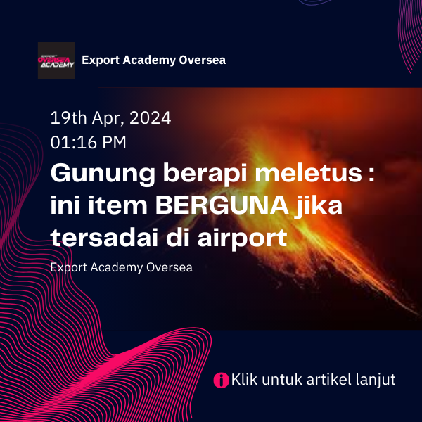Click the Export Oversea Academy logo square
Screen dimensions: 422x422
coord(56,60)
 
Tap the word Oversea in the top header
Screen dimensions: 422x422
coord(203,60)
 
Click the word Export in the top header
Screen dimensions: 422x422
coord(101,60)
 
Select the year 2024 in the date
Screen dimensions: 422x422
coord(151,118)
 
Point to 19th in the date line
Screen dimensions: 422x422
coord(69,118)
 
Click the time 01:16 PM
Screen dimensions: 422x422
coord(89,142)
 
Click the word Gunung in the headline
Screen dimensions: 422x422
coord(103,174)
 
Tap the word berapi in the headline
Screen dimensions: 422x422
coord(205,174)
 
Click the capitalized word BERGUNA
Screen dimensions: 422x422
coord(222,205)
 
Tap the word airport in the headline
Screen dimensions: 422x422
coord(243,238)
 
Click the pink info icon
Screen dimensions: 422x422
coord(222,381)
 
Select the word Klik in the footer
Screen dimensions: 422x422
coord(244,379)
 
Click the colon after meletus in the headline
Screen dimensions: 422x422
coord(371,176)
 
